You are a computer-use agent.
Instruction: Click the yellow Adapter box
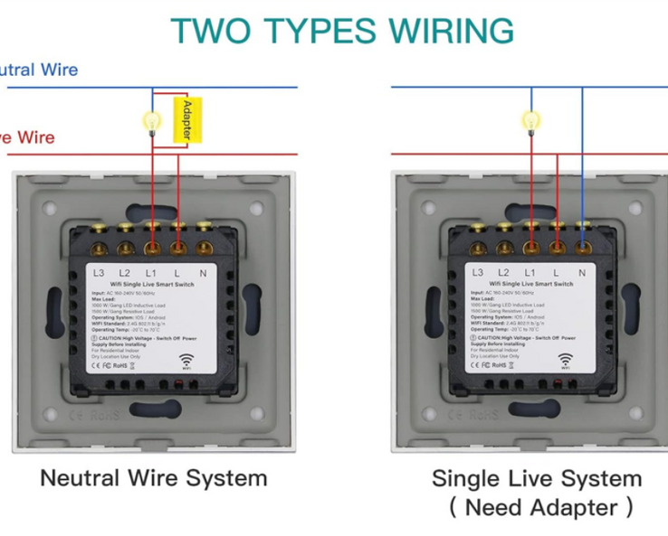coord(186,120)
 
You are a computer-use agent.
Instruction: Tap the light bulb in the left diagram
coord(152,120)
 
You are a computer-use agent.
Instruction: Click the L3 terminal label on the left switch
coord(100,272)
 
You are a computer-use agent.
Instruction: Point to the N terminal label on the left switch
coord(203,272)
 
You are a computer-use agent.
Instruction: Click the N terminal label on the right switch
coord(582,272)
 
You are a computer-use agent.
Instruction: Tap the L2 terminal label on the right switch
coord(504,272)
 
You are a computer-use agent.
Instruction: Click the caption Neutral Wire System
coord(154,477)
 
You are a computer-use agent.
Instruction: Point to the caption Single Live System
coord(537,478)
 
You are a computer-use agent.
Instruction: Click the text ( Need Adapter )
coord(540,506)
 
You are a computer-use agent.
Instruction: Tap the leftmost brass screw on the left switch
coord(100,246)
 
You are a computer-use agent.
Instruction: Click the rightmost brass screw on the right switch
coord(583,246)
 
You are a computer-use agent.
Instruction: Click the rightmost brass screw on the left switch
coord(204,246)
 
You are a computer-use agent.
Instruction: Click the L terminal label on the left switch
coord(177,272)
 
